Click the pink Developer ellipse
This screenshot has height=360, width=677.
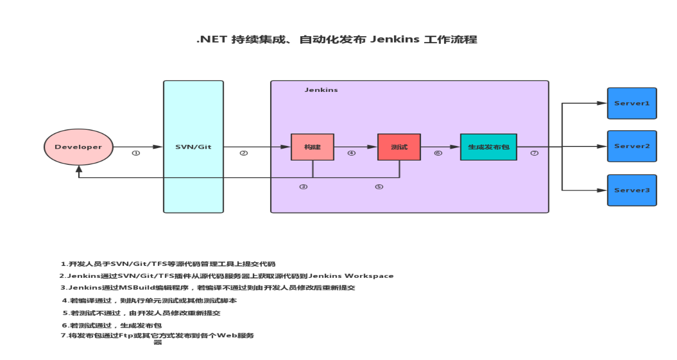click(x=78, y=147)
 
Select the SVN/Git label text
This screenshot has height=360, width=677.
click(x=193, y=147)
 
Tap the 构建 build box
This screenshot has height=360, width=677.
click(x=312, y=147)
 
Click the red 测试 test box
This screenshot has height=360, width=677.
click(x=399, y=147)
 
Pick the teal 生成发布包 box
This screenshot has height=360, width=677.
click(x=489, y=147)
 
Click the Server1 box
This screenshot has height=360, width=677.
click(x=632, y=103)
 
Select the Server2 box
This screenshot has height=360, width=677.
click(x=632, y=146)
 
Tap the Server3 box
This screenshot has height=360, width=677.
click(x=632, y=190)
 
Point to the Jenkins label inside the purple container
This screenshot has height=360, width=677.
click(x=321, y=90)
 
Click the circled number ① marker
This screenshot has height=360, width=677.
click(x=136, y=154)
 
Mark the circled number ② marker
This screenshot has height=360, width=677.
click(x=244, y=154)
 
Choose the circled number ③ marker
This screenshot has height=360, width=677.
click(x=304, y=187)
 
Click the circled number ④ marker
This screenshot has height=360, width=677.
click(x=352, y=154)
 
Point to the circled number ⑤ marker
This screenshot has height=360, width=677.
click(x=379, y=187)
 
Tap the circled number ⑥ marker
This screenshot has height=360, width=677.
click(x=438, y=154)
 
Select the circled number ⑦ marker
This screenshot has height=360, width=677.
click(x=534, y=154)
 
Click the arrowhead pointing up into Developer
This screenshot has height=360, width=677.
click(x=79, y=169)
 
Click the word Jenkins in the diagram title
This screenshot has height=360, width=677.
click(x=395, y=39)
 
